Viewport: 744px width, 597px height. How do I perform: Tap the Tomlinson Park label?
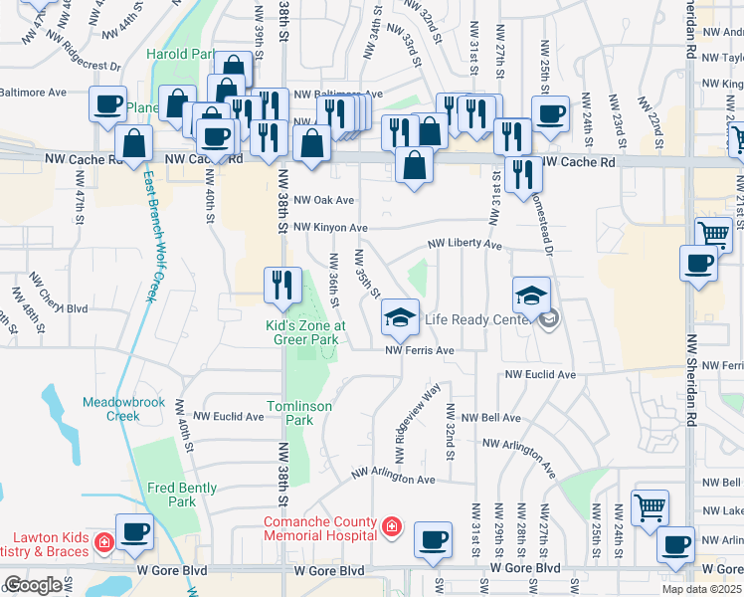click(290, 413)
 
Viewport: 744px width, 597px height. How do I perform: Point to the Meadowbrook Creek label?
click(109, 409)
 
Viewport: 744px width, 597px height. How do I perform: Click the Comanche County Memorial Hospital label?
click(320, 529)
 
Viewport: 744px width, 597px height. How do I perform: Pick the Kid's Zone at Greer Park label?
click(305, 331)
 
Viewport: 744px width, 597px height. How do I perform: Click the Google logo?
click(33, 584)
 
